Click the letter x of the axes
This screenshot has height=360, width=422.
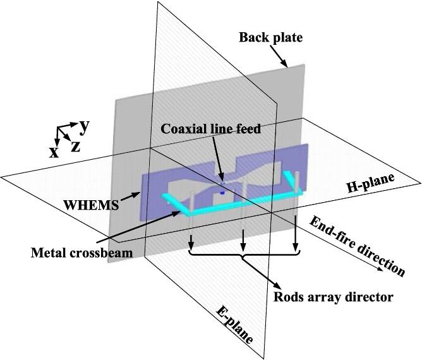point(55,152)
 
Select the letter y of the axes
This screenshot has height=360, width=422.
point(83,125)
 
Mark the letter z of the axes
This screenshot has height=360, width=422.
point(75,147)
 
